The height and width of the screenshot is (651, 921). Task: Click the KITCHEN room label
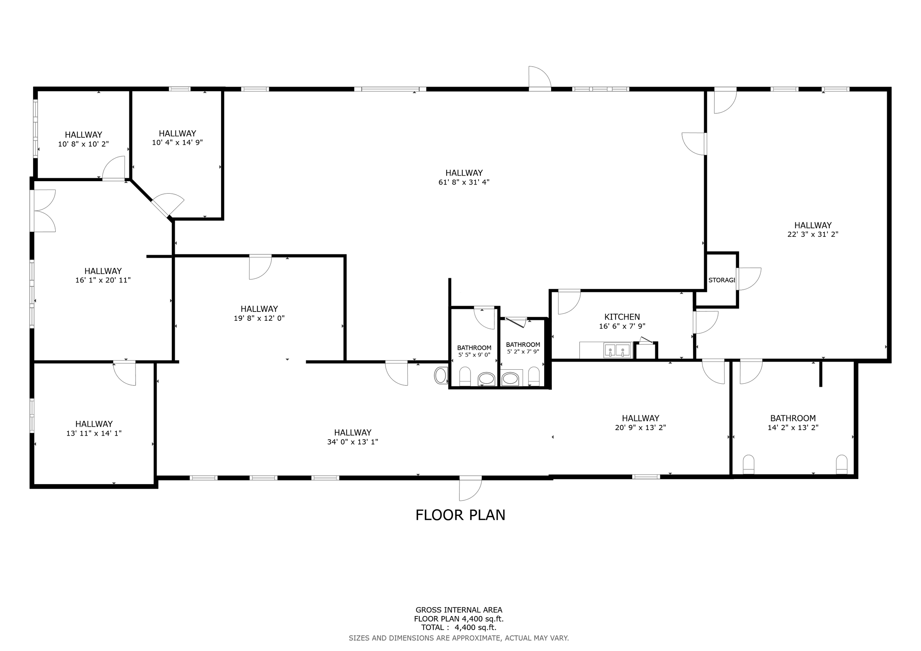click(622, 317)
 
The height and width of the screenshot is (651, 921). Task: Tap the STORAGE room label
click(721, 280)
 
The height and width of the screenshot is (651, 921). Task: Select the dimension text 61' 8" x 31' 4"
click(464, 182)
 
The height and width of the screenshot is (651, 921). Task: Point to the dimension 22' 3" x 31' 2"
click(813, 235)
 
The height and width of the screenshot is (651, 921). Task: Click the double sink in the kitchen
click(617, 350)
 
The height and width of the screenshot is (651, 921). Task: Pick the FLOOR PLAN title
click(460, 515)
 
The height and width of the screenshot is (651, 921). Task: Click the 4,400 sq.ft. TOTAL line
click(459, 628)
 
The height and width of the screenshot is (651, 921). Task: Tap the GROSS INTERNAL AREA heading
click(459, 610)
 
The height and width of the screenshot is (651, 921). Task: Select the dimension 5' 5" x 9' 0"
click(474, 355)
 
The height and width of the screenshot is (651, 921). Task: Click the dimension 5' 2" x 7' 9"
click(523, 352)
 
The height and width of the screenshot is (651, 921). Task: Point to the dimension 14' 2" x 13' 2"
click(793, 428)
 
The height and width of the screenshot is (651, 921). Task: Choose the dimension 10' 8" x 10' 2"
click(83, 144)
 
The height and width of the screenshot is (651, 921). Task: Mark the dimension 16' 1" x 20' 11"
click(103, 280)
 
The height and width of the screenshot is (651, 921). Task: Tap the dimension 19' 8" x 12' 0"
click(259, 318)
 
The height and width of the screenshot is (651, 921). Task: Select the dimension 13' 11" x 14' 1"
click(94, 433)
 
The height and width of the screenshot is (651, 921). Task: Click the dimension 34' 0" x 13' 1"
click(353, 442)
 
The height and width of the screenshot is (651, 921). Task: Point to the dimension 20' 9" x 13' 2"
click(640, 428)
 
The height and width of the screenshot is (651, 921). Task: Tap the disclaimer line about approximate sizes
click(459, 638)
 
